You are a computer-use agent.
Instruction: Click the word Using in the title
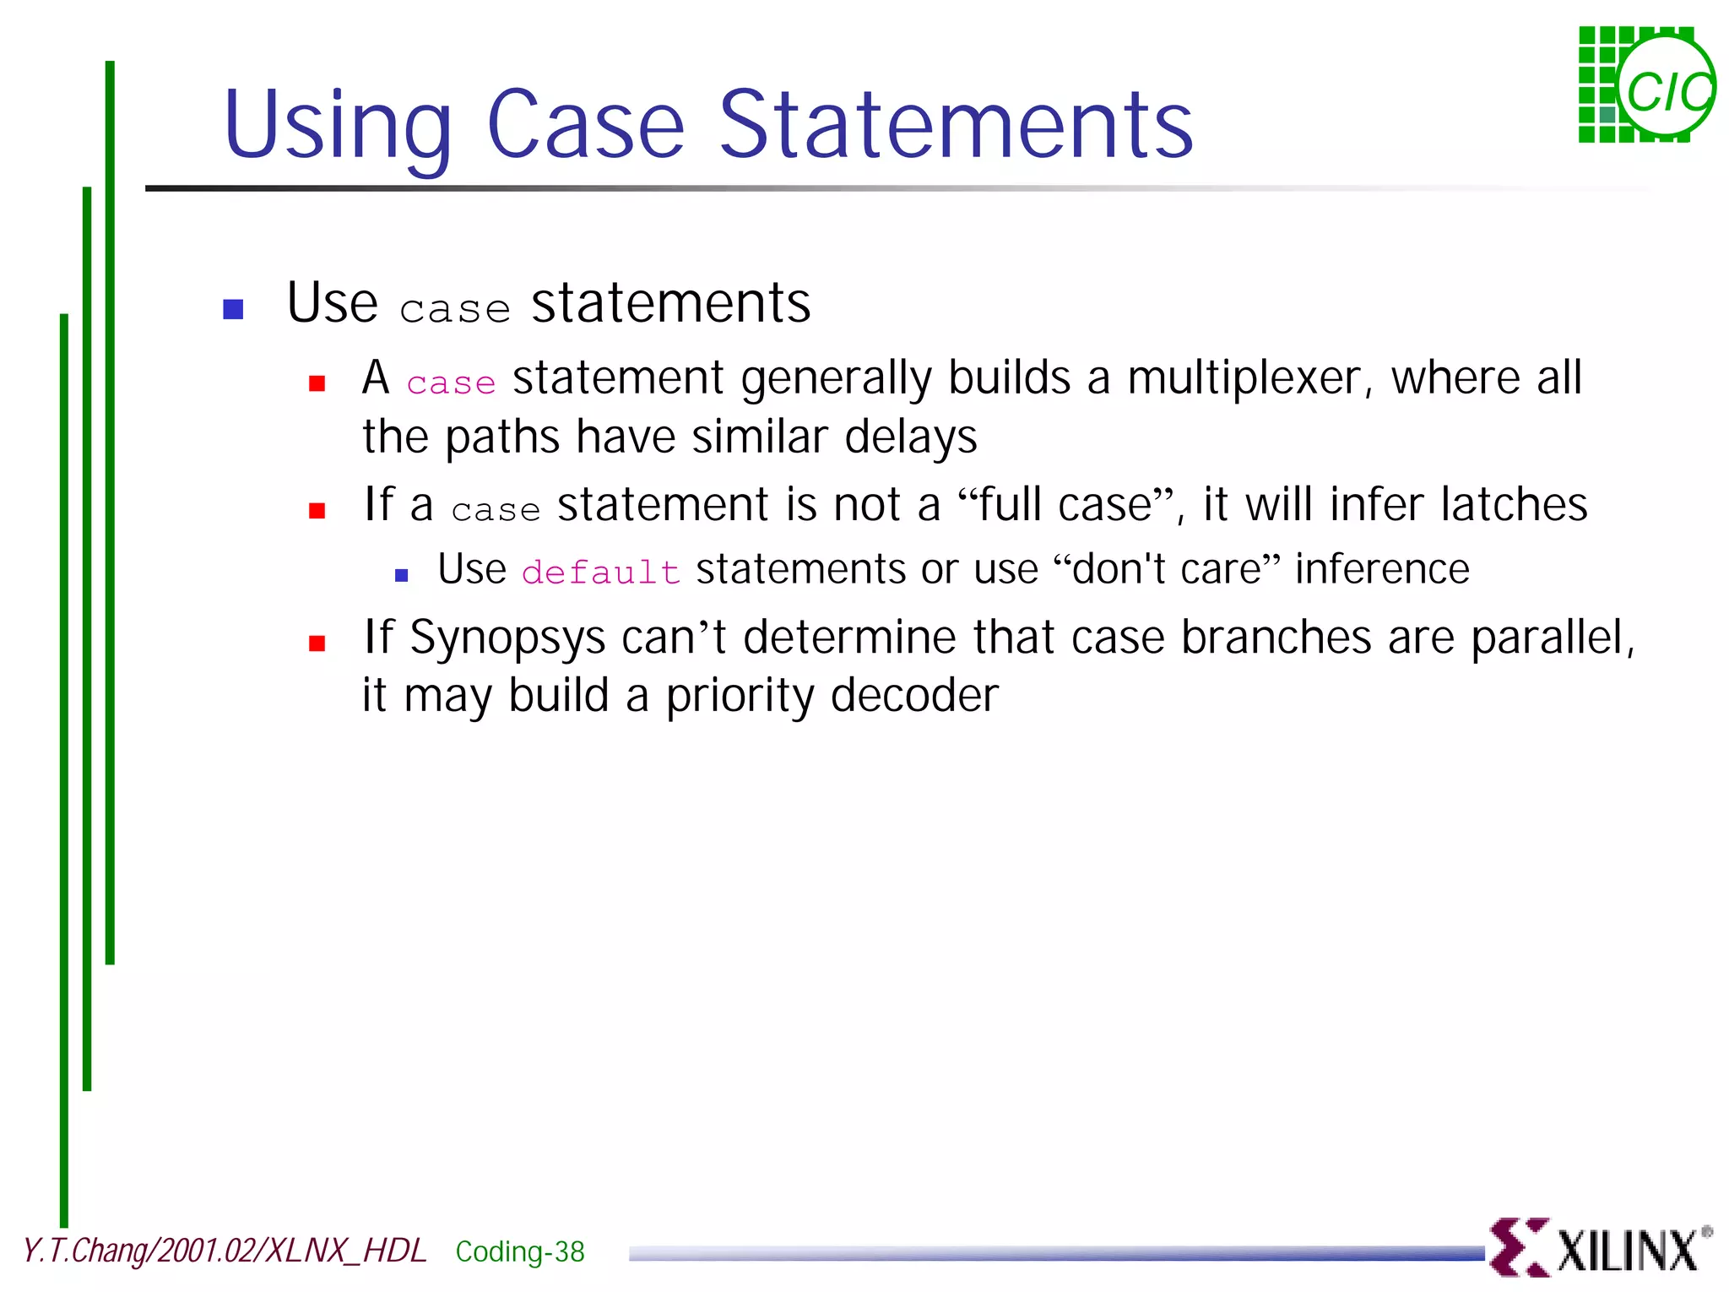(x=338, y=127)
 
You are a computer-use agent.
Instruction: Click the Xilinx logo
(x=1599, y=1247)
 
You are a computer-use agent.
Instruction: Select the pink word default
(x=600, y=572)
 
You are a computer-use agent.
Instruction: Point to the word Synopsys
(x=507, y=638)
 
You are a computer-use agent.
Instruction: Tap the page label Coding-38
(x=519, y=1251)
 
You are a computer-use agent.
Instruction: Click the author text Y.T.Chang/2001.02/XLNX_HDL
(x=225, y=1251)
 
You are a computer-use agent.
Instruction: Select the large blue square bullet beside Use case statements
(x=233, y=309)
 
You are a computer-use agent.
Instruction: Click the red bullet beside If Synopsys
(x=317, y=643)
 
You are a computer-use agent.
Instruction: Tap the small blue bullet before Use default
(x=402, y=576)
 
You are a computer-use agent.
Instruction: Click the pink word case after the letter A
(x=451, y=383)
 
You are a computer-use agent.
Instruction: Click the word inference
(x=1382, y=569)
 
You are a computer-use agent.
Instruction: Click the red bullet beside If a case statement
(x=317, y=510)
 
